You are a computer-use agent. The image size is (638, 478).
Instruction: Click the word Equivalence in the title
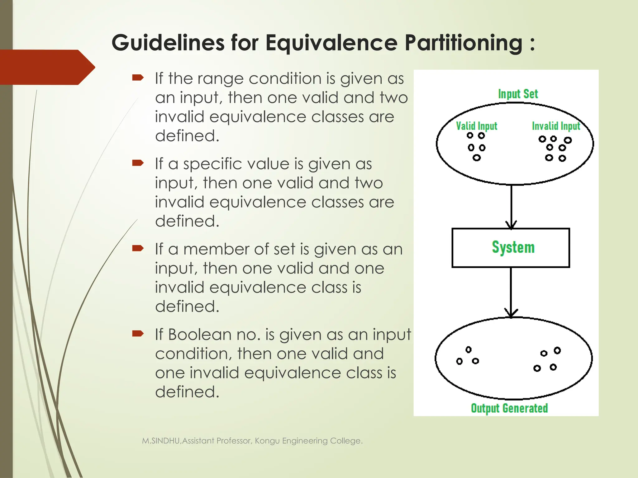[x=331, y=43]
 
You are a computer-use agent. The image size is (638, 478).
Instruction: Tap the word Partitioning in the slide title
[x=463, y=43]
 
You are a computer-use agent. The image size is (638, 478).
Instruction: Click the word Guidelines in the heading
[x=168, y=43]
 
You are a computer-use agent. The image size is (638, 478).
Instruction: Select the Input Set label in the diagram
[x=518, y=94]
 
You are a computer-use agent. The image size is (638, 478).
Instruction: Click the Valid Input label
[x=476, y=126]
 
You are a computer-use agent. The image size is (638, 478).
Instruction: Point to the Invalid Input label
[x=556, y=126]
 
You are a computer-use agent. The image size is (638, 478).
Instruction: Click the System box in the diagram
[x=511, y=248]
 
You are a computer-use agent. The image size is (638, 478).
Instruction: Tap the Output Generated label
[x=509, y=408]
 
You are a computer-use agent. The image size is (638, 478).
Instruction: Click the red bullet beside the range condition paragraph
[x=138, y=77]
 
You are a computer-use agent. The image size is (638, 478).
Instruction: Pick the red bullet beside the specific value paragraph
[x=138, y=163]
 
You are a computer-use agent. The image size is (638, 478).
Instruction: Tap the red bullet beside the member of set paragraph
[x=138, y=248]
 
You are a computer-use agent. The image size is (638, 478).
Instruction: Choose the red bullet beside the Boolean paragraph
[x=138, y=334]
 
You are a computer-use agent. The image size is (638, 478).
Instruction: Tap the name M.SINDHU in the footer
[x=161, y=441]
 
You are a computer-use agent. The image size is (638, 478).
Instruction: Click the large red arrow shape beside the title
[x=47, y=67]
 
